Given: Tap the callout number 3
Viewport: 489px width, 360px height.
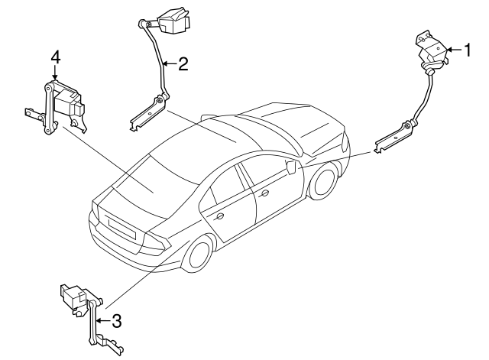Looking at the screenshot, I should [116, 321].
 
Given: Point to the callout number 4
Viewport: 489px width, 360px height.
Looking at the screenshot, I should [55, 57].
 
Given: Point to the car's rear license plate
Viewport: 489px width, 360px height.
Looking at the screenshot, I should [120, 227].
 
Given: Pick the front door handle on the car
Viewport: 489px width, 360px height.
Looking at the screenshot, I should [264, 194].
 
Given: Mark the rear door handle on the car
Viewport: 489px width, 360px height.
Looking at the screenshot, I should [219, 217].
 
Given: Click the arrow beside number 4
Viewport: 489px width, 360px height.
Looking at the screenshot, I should [55, 74].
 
